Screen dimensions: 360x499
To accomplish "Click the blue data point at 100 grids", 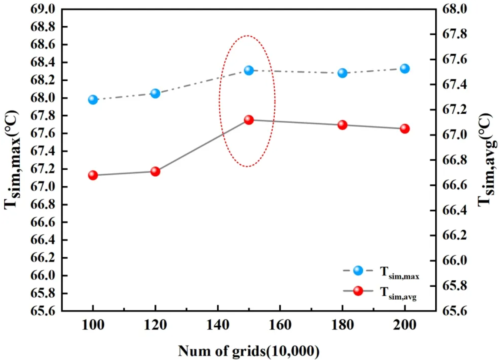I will click(x=93, y=100).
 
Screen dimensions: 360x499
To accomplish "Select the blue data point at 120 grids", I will click(x=155, y=93).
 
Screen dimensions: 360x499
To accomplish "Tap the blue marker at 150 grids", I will click(x=249, y=70).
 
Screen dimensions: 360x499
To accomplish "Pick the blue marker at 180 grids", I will click(x=342, y=73).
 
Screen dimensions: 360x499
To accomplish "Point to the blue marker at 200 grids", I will click(x=405, y=69).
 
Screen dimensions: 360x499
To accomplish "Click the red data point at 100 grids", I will click(x=93, y=175).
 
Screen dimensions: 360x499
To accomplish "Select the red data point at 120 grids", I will click(x=155, y=171).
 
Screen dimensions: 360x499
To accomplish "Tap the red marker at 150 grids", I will click(x=249, y=120).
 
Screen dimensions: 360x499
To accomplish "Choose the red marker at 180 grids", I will click(x=342, y=125).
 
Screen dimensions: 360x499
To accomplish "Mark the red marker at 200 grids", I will click(x=405, y=129).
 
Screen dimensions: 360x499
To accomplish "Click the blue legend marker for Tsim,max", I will click(x=358, y=270).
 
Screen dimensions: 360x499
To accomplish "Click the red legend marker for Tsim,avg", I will click(x=358, y=291).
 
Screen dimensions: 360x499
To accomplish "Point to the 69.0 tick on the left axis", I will click(x=43, y=9).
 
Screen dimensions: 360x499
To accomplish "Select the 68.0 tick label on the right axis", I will click(x=455, y=9).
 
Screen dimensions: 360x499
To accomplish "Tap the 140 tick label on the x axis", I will click(x=218, y=325).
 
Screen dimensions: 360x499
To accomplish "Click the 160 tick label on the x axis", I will click(x=280, y=325).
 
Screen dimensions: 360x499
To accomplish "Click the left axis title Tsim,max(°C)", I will click(x=12, y=160).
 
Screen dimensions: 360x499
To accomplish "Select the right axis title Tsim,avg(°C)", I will click(x=486, y=160).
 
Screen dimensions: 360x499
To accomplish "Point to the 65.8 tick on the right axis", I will click(x=455, y=286).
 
